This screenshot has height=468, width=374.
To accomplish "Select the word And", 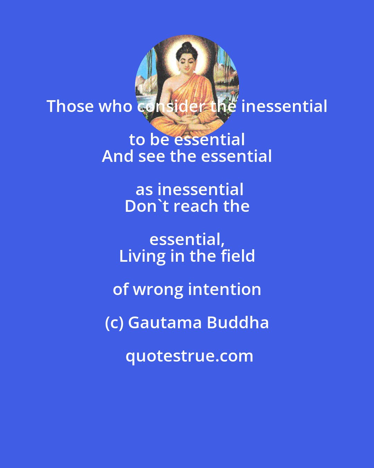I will (117, 156).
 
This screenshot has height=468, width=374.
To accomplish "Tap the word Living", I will (142, 256).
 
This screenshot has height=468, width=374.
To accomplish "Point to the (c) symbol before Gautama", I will (114, 323).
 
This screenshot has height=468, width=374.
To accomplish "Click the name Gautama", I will (165, 323).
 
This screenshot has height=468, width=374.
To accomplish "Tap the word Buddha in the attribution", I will (238, 323).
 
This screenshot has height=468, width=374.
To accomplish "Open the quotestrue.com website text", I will (189, 356).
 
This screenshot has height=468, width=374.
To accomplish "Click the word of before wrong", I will (121, 289).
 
